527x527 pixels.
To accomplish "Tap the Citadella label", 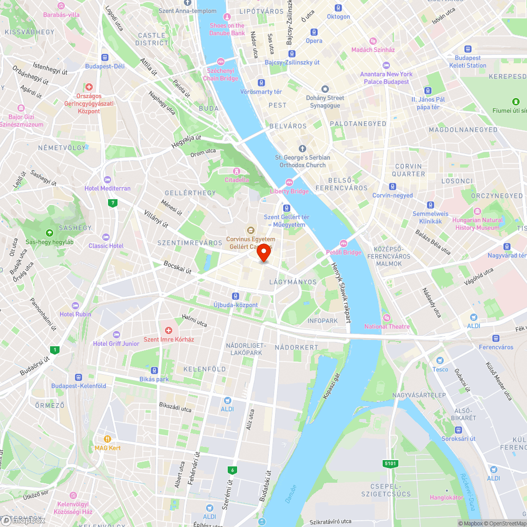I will coord(237,179).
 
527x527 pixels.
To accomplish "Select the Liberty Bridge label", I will coord(289,191).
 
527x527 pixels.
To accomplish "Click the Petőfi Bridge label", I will coord(344,252).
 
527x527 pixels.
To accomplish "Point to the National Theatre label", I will coord(387,326).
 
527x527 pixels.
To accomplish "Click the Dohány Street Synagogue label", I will coord(325,101).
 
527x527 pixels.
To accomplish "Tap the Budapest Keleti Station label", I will coord(468,62).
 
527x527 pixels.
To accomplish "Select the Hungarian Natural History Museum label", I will coord(477,224).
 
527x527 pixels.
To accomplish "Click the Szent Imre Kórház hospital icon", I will coord(169,330).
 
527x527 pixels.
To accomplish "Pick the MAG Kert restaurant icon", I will coord(108,438).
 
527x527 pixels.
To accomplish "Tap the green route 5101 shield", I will coord(389,463).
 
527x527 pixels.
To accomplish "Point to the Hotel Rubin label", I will coord(75,314).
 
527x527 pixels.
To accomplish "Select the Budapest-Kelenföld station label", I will coord(79,386).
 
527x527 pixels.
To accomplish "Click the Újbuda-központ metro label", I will coord(236,305).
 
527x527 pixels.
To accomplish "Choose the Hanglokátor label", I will coord(446,497).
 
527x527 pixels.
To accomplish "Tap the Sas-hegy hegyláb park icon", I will coord(50,233).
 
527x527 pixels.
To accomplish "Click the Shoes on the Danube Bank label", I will coord(227,29).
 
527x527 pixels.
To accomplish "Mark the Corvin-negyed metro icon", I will coord(393,187).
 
